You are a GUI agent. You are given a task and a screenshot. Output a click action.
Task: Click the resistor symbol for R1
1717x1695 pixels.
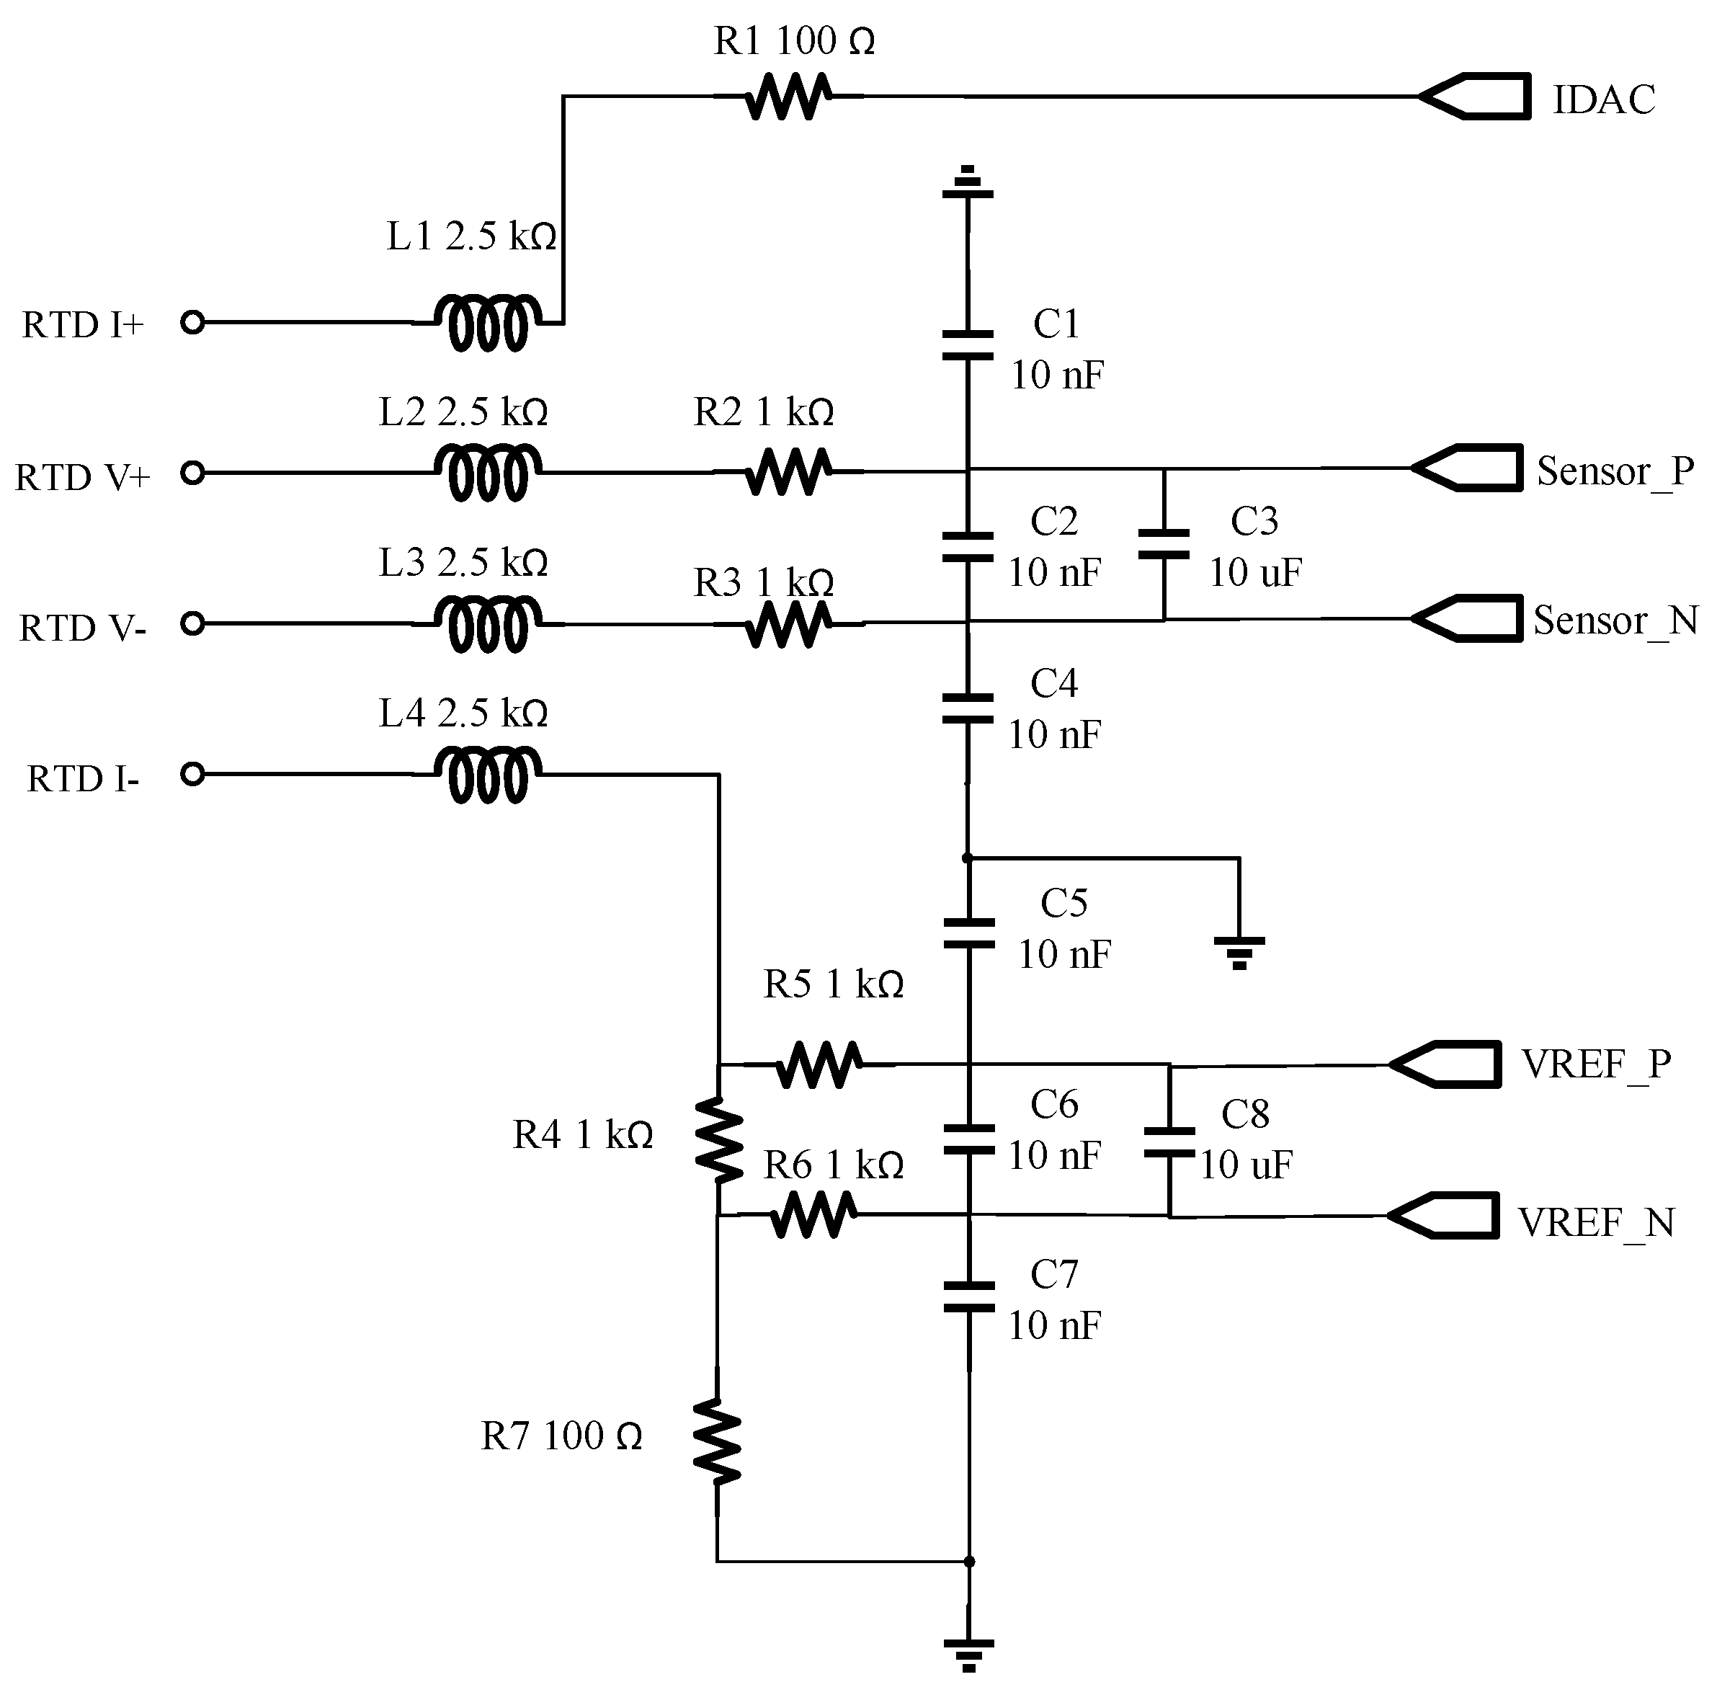788,97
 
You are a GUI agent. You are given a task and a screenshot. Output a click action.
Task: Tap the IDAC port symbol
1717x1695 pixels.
1476,97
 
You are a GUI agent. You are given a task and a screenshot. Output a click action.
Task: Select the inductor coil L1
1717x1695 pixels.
487,323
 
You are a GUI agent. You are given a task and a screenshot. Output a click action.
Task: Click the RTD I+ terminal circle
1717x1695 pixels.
192,323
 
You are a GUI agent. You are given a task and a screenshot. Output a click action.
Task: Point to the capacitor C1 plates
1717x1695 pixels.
968,346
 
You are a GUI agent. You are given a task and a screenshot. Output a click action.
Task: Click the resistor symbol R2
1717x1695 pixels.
788,472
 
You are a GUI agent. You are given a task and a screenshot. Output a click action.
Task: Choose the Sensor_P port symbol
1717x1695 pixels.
1469,468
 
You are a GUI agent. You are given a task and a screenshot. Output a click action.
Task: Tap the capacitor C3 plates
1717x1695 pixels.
1164,544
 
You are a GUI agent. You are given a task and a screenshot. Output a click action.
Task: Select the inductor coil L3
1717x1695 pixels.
487,623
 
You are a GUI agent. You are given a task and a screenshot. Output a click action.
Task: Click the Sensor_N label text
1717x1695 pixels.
1615,620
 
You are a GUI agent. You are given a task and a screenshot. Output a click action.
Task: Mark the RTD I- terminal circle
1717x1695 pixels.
192,775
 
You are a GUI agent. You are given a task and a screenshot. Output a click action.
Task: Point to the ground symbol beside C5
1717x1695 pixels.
1240,951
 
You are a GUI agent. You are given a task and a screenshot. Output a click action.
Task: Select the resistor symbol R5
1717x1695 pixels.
819,1064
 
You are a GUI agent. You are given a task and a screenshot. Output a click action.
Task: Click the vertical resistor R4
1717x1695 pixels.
718,1140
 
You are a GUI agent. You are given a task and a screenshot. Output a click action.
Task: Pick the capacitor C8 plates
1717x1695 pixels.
1169,1143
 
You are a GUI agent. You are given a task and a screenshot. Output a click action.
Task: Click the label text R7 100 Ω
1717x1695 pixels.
562,1436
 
